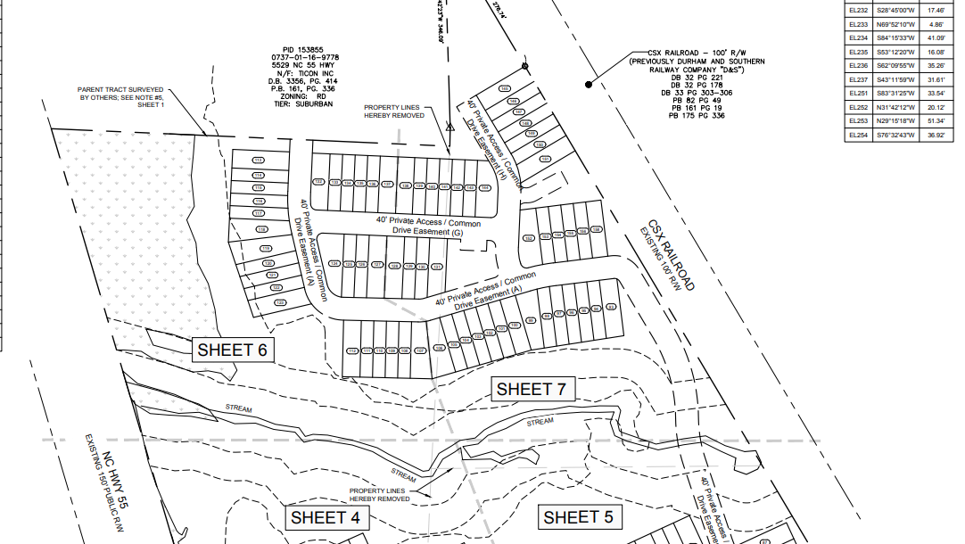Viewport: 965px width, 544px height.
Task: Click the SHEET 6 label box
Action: (x=232, y=350)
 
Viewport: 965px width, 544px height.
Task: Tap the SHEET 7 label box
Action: (x=531, y=389)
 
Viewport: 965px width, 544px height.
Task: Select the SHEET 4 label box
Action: (x=325, y=517)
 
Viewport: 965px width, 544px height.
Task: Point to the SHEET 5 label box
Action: (x=578, y=517)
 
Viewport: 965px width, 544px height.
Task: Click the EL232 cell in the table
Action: (x=858, y=11)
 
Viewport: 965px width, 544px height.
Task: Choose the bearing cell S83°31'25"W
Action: (x=896, y=94)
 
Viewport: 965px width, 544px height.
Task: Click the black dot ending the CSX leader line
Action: (x=589, y=85)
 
